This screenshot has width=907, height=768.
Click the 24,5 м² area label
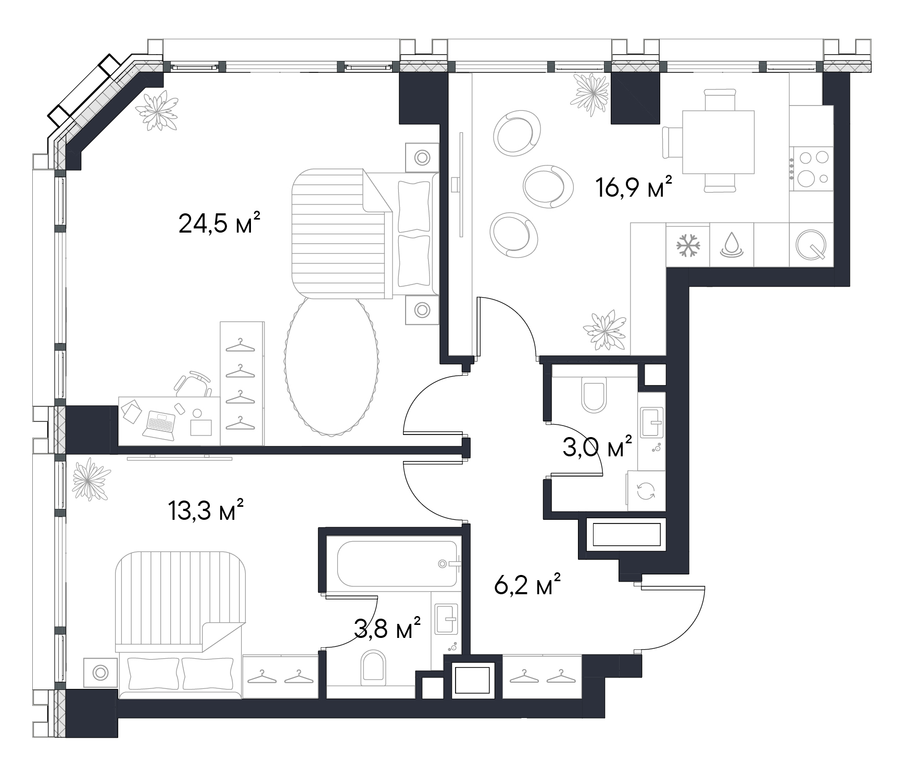(x=219, y=224)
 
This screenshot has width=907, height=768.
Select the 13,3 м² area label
(x=206, y=510)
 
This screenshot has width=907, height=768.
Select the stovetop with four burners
(x=811, y=168)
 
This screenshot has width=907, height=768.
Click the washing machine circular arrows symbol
(x=646, y=491)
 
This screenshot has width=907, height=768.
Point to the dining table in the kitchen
(x=718, y=142)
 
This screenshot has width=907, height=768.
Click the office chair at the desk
(x=194, y=384)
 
